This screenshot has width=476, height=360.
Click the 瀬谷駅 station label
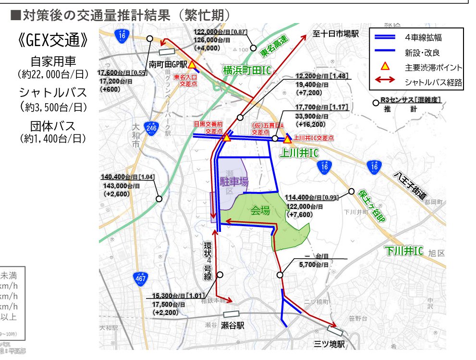point(232,325)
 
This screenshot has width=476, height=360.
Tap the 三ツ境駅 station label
point(330,344)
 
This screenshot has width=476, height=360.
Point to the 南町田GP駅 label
point(168,63)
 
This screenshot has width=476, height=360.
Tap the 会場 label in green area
point(260,210)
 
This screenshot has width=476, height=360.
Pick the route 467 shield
point(140,277)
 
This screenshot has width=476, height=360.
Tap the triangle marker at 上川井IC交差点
point(287,140)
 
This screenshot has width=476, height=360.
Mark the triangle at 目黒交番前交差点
point(226,138)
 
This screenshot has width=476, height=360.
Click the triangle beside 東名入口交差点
point(192,65)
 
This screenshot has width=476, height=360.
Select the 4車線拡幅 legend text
point(424,37)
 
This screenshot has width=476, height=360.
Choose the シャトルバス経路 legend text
point(434,83)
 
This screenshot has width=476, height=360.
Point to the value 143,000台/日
point(122,185)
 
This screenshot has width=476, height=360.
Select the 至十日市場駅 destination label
point(336,35)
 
